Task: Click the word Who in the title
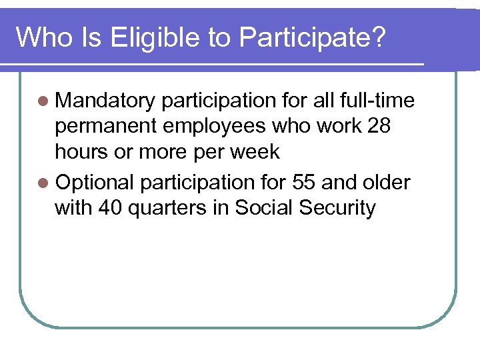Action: point(41,37)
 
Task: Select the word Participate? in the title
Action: point(312,37)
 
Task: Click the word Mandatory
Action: point(105,101)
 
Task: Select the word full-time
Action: point(377,101)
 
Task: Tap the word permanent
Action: point(107,127)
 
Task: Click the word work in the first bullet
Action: point(336,126)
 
